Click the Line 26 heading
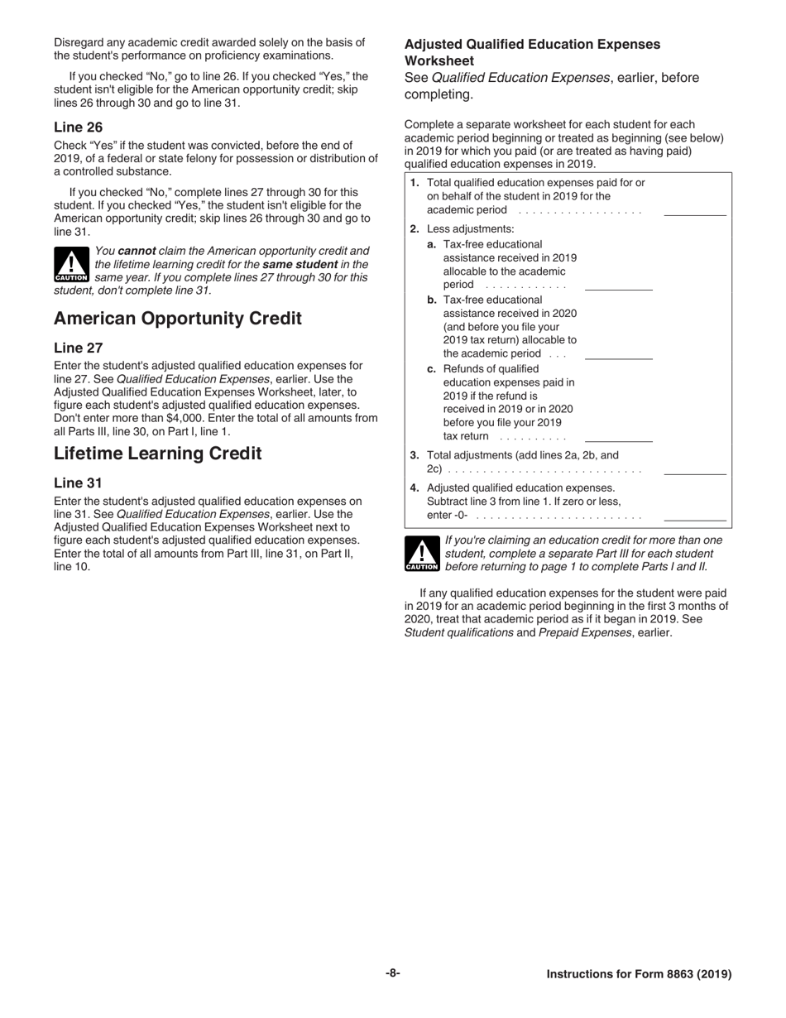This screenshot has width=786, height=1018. [x=79, y=127]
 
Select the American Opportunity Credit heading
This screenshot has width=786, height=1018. [x=178, y=319]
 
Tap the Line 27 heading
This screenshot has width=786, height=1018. [x=79, y=348]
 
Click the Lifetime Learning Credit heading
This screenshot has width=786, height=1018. [x=158, y=454]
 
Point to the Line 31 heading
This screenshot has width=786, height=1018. [x=79, y=483]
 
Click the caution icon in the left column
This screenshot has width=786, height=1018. [x=71, y=265]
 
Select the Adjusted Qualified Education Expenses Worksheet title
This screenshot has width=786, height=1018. [x=532, y=52]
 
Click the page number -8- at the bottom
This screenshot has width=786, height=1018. [x=392, y=973]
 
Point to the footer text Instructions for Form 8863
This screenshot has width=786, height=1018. [x=639, y=974]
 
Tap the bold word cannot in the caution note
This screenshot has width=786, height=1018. [x=137, y=251]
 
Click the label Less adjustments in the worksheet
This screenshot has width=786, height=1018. [x=470, y=228]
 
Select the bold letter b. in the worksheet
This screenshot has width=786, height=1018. [x=432, y=300]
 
